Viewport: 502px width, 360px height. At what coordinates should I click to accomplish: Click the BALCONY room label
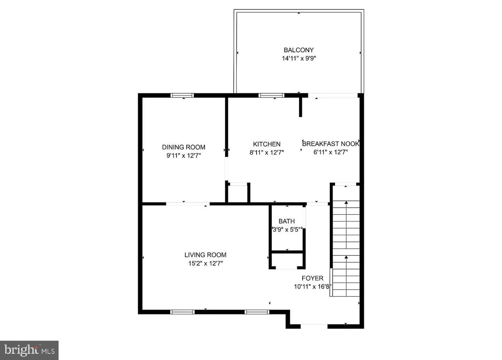[x=298, y=50]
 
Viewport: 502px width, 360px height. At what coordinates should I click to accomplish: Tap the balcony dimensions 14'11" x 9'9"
[x=299, y=59]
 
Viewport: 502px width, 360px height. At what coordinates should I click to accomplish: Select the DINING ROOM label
[x=183, y=147]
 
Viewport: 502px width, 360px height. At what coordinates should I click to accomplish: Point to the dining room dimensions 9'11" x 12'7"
[x=183, y=155]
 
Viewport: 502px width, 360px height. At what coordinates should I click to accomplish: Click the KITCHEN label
[x=267, y=144]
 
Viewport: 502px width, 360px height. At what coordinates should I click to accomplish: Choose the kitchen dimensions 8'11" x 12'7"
[x=267, y=153]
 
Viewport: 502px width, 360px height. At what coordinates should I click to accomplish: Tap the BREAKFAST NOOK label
[x=330, y=144]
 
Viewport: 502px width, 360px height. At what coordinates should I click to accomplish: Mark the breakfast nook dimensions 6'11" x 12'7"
[x=330, y=152]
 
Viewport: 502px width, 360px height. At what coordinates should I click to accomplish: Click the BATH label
[x=287, y=221]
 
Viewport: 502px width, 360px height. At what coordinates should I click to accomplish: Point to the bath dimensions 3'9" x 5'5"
[x=287, y=230]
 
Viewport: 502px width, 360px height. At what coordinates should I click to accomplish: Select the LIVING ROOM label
[x=205, y=255]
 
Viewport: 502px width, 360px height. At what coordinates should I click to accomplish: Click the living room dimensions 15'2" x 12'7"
[x=206, y=263]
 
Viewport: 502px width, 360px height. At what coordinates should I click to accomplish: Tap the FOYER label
[x=312, y=278]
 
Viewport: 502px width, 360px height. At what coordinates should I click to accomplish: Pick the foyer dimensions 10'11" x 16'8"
[x=313, y=286]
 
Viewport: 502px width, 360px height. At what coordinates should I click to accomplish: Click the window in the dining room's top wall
[x=182, y=95]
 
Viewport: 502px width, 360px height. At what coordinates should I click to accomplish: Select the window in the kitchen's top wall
[x=271, y=95]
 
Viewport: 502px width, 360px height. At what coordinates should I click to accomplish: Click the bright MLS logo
[x=29, y=350]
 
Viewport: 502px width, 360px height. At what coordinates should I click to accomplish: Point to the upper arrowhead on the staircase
[x=346, y=202]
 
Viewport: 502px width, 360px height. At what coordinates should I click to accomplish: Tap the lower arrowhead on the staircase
[x=346, y=257]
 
